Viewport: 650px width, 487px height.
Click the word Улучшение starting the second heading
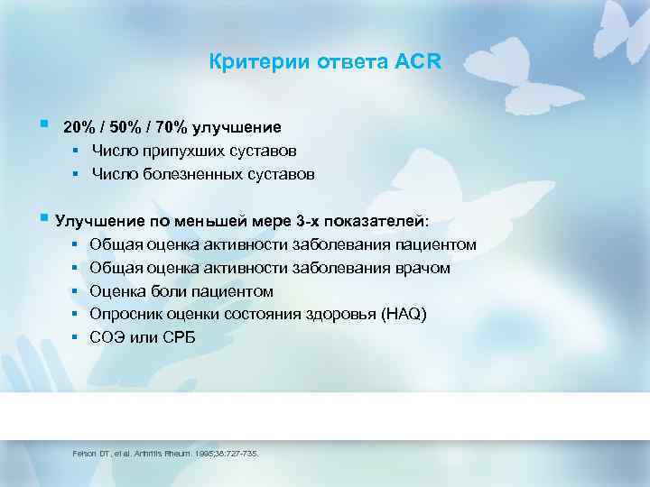pyautogui.click(x=94, y=221)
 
